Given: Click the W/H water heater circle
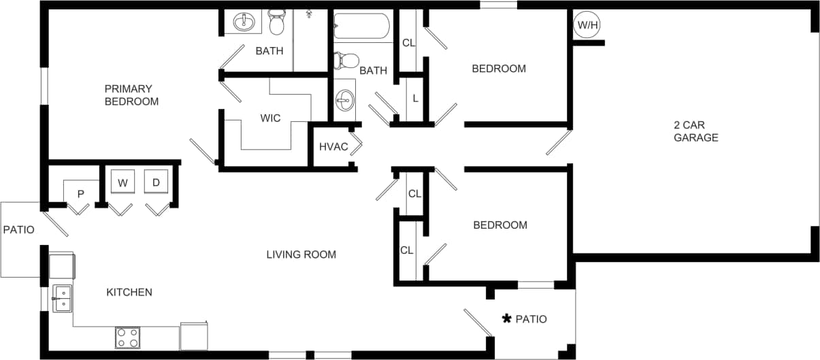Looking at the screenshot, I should click(587, 26).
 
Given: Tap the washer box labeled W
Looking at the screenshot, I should click(122, 182).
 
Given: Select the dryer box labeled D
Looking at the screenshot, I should click(156, 182).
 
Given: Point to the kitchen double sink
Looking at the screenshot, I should click(62, 299).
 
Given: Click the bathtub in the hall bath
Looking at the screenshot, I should click(361, 27).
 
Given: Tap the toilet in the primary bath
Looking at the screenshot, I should click(276, 22).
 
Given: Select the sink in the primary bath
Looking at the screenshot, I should click(244, 22).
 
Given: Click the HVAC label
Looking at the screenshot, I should click(333, 147).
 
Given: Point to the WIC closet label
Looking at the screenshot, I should click(270, 118).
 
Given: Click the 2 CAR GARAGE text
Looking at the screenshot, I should click(695, 131).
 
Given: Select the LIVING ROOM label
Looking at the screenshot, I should click(301, 255).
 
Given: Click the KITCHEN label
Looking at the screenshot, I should click(129, 292).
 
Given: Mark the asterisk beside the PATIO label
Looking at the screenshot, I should click(506, 318).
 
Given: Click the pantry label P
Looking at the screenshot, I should click(80, 194).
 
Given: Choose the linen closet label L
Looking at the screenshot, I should click(415, 97).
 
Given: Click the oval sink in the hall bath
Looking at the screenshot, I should click(344, 101).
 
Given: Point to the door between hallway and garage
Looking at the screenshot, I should click(558, 143).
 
